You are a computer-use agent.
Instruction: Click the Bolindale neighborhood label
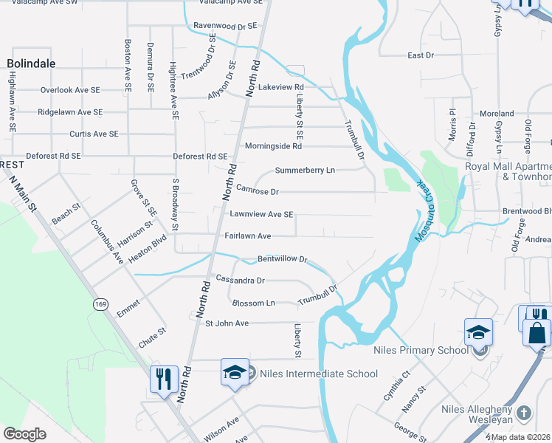[31, 63]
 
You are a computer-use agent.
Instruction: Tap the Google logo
[24, 434]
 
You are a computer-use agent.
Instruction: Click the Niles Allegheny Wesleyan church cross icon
[524, 412]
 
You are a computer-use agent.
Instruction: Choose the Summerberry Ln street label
[305, 171]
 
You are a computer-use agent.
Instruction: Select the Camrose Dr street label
[257, 192]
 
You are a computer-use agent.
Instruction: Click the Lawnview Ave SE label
[261, 214]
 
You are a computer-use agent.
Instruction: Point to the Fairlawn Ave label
[248, 236]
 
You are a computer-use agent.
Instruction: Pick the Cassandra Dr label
[240, 281]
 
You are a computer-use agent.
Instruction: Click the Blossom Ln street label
[253, 303]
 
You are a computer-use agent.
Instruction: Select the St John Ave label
[227, 323]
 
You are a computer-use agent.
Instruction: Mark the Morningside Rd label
[273, 146]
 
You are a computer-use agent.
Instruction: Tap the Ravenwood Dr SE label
[224, 25]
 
